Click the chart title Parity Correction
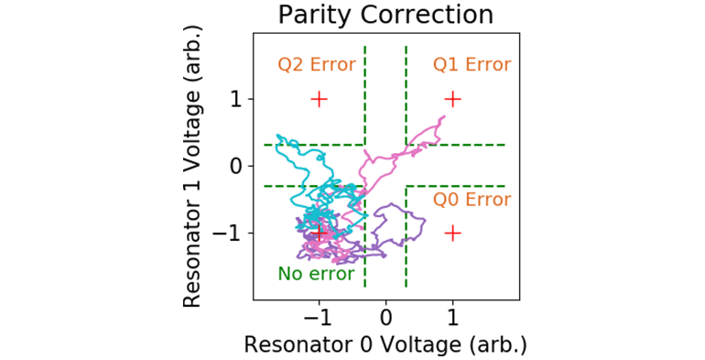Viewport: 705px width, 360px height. [385, 16]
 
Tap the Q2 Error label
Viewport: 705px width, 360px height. [317, 65]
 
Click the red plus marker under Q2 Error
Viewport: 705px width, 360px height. [319, 99]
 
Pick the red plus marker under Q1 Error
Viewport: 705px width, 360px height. [452, 99]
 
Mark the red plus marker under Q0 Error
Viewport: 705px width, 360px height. [452, 233]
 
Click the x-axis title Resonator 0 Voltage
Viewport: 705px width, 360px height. [385, 344]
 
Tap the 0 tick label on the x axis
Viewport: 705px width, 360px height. [385, 315]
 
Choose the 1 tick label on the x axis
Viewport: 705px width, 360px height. [452, 315]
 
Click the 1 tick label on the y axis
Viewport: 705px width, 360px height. [237, 99]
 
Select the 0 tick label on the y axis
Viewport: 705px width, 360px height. [237, 166]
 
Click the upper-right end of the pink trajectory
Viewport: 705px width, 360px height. [444, 116]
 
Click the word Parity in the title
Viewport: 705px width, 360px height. [311, 16]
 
